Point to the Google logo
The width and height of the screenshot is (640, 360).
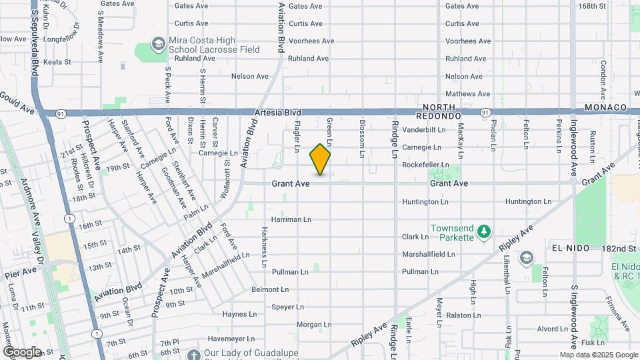click(22, 351)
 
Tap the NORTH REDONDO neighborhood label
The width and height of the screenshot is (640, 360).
click(441, 111)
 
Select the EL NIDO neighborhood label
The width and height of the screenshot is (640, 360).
click(571, 248)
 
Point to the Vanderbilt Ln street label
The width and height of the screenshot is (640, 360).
click(424, 129)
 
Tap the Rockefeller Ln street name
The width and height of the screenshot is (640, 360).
click(426, 165)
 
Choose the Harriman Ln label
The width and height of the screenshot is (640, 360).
click(291, 219)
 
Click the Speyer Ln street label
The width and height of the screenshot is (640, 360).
click(288, 307)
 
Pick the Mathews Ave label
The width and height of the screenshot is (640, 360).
click(467, 94)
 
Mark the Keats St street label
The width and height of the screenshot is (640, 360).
click(57, 62)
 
